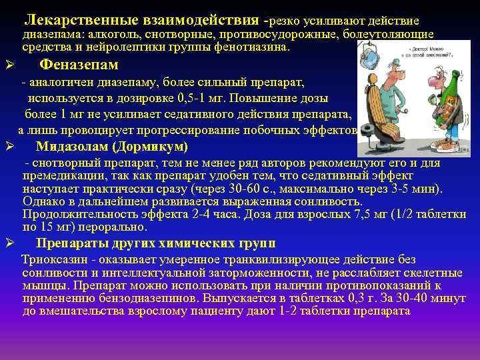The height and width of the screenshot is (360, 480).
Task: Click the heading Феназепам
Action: (79, 65)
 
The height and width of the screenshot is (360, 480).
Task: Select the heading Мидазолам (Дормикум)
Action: (111, 147)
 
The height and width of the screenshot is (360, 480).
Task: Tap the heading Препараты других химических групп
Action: (155, 243)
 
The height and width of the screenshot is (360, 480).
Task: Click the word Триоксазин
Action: (53, 259)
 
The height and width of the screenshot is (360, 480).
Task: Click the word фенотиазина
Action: (253, 47)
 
